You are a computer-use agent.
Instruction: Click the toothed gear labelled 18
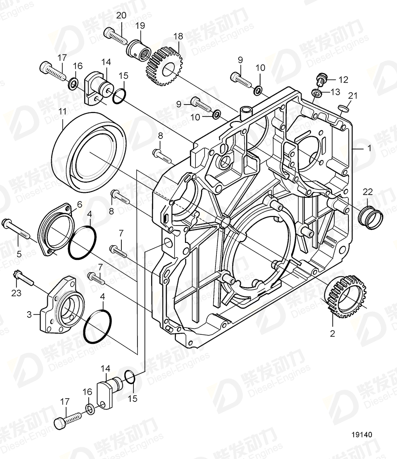pyautogui.click(x=164, y=68)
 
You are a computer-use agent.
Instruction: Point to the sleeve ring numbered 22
pyautogui.click(x=371, y=217)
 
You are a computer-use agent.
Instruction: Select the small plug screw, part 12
pyautogui.click(x=319, y=80)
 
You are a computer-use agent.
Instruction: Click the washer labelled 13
pyautogui.click(x=316, y=93)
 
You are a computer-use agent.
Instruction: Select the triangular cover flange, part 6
pyautogui.click(x=55, y=229)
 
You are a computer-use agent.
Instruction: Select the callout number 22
pyautogui.click(x=367, y=192)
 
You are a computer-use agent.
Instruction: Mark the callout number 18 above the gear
pyautogui.click(x=178, y=36)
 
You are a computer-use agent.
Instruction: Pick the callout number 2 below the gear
pyautogui.click(x=332, y=333)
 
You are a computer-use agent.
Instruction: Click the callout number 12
pyautogui.click(x=343, y=80)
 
